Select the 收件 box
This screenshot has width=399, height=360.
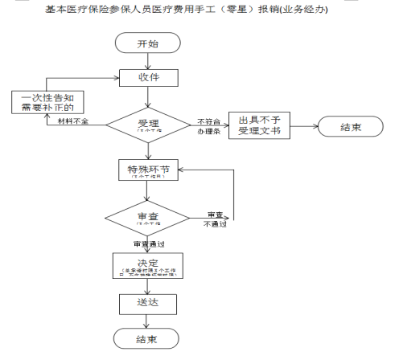pos(146,78)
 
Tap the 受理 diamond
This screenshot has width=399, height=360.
pos(146,125)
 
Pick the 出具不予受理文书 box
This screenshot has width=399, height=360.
pos(259,125)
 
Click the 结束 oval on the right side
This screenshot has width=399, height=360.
pos(351,126)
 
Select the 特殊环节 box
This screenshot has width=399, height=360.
pos(146,172)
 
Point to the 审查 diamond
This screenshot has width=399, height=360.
pos(146,218)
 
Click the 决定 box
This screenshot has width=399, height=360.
pos(146,265)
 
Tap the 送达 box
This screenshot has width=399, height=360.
pos(146,303)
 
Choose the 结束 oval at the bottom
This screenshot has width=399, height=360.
pos(146,339)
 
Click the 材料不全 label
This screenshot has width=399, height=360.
pos(73,121)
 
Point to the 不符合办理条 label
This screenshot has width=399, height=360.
pos(208,125)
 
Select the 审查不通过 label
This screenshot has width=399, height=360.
pos(216,219)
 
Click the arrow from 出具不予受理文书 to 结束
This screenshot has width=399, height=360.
pos(304,126)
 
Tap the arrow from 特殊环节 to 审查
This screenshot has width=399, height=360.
pos(146,192)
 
